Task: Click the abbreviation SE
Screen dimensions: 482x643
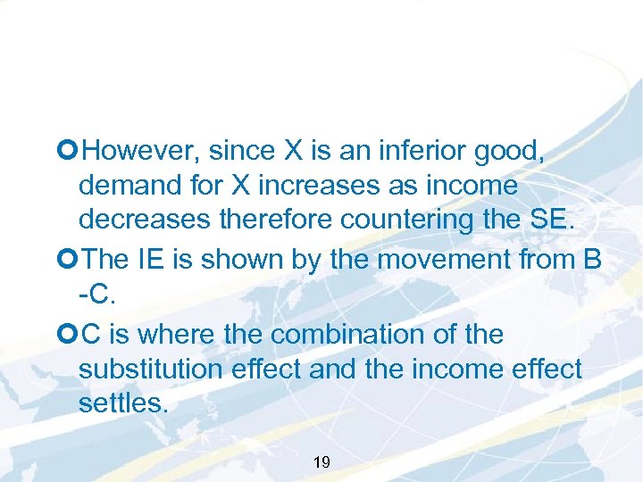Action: [x=555, y=220]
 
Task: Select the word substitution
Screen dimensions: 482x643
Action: [x=156, y=369]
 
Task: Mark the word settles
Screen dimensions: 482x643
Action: [x=122, y=403]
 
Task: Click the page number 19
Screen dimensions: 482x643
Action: [x=322, y=461]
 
